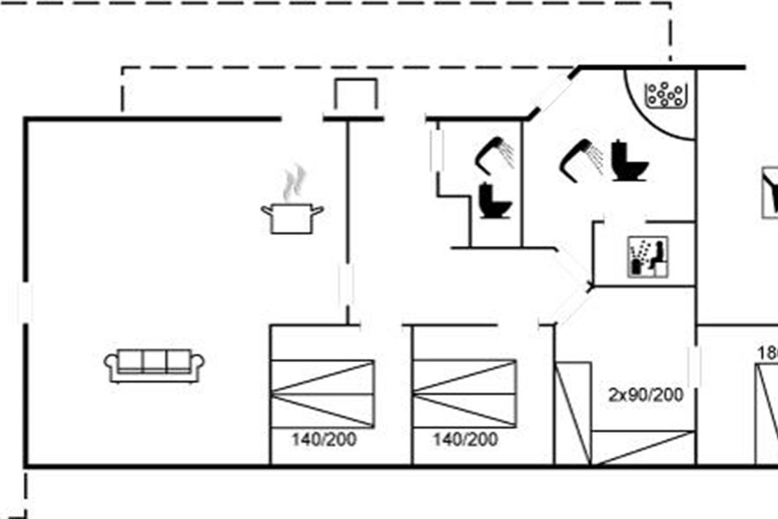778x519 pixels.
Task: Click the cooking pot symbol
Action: point(292,218)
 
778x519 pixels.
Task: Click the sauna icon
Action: point(648,258)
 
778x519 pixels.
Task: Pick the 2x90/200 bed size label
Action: point(646,394)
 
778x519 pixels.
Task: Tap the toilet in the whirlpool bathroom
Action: point(628,162)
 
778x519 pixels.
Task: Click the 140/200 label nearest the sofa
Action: point(324,439)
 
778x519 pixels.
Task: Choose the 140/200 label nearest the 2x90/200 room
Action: point(465,439)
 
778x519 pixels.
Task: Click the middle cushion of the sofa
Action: point(154,361)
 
